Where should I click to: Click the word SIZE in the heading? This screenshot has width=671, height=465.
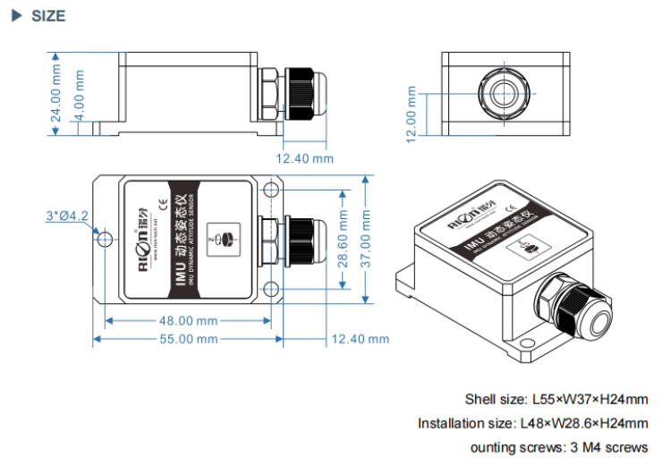[x=48, y=16]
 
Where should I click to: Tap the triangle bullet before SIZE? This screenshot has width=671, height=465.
[x=15, y=16]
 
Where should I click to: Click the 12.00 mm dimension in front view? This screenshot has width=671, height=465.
[x=412, y=114]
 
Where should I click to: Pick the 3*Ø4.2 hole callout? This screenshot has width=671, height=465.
[x=67, y=216]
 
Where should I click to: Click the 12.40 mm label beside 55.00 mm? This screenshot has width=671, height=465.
[x=360, y=339]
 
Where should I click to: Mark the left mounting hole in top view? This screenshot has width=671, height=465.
[x=106, y=239]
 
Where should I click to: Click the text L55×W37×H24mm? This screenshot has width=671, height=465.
[x=591, y=400]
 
